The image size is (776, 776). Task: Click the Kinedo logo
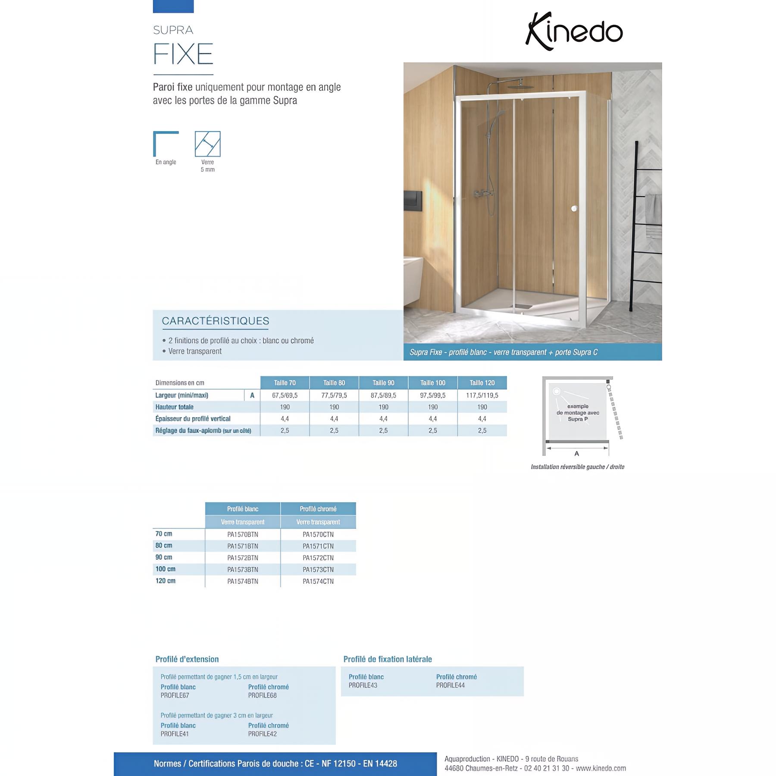coord(574,31)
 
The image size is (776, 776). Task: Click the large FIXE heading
coord(183,54)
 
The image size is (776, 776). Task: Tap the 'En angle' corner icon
coord(166,144)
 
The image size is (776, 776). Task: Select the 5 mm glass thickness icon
coord(207,144)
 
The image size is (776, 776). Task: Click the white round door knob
coord(574,209)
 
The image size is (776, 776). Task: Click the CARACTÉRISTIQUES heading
coord(216,321)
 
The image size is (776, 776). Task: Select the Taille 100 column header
coord(433,383)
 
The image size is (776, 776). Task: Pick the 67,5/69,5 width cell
coord(285,395)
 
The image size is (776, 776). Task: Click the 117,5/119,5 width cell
coord(482,395)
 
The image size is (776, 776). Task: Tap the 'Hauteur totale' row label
coord(175,407)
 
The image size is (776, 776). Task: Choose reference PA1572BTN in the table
coord(243,558)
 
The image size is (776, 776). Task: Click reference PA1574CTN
coord(318,582)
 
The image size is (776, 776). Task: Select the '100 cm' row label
coord(166,569)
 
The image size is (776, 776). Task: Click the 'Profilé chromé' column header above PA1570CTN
coord(318,509)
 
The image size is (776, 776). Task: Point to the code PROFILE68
coord(263,695)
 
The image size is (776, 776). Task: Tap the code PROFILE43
coord(363,685)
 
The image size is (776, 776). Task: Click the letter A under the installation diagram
coord(577,454)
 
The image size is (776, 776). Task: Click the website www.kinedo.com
coord(601,768)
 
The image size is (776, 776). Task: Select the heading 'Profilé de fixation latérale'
coord(388,659)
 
